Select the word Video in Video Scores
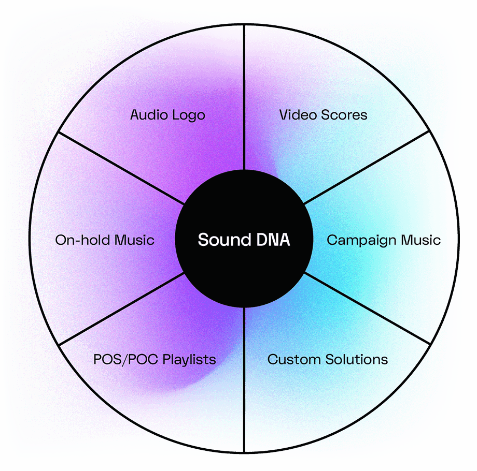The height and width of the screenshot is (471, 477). pos(297,114)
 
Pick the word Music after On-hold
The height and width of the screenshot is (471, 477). pos(134,240)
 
